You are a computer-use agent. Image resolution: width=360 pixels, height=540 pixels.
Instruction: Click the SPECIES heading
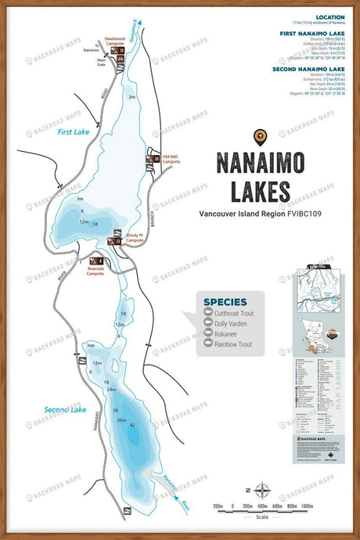(225, 301)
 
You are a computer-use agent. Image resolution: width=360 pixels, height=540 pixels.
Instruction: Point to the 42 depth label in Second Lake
(132, 425)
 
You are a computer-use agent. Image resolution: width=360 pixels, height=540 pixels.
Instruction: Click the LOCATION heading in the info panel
(329, 17)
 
